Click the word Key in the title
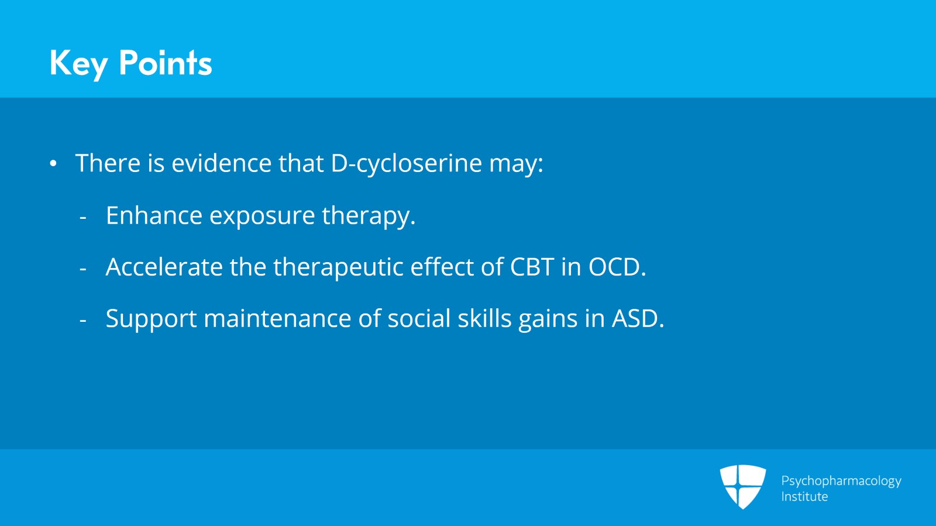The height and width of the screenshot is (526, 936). [78, 64]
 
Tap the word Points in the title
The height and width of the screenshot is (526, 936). [166, 63]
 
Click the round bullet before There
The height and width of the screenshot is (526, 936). [53, 164]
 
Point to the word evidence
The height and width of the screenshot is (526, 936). [222, 163]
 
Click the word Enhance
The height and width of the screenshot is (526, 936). [154, 215]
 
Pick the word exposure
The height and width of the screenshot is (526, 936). [262, 218]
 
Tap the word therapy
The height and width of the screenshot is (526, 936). [369, 216]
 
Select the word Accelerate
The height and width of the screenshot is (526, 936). [164, 267]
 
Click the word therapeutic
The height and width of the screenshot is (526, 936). [339, 268]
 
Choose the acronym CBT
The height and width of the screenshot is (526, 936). [532, 267]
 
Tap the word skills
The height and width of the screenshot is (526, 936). [485, 318]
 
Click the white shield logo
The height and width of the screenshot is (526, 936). [743, 487]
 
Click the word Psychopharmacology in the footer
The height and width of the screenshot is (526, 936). [841, 482]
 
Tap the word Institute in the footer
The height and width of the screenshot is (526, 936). [804, 497]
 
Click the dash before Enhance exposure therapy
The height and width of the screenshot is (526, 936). [82, 218]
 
